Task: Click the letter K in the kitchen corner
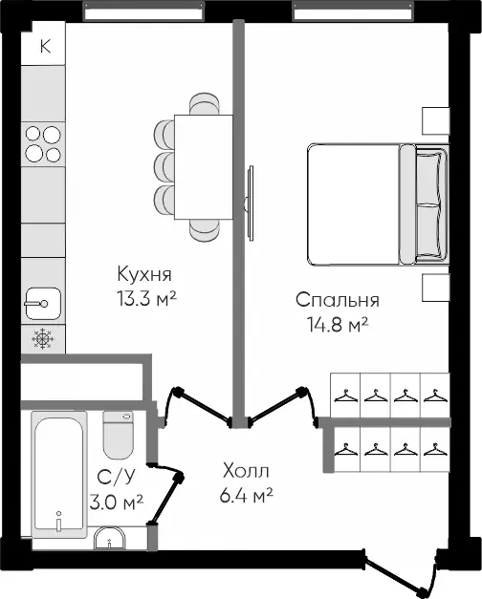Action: pyautogui.click(x=45, y=46)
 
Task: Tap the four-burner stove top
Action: pyautogui.click(x=43, y=144)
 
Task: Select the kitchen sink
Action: pyautogui.click(x=43, y=303)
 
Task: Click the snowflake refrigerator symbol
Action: pyautogui.click(x=43, y=338)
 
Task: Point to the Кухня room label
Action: pyautogui.click(x=144, y=274)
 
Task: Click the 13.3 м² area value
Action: pyautogui.click(x=146, y=298)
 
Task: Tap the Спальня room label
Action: pyautogui.click(x=338, y=300)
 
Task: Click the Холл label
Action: pyautogui.click(x=246, y=471)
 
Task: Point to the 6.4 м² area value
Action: pyautogui.click(x=247, y=496)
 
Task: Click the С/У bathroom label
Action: pyautogui.click(x=116, y=477)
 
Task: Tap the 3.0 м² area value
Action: pyautogui.click(x=117, y=502)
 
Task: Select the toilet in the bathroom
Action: pyautogui.click(x=119, y=435)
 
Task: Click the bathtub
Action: pyautogui.click(x=59, y=474)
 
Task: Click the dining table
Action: pyautogui.click(x=204, y=167)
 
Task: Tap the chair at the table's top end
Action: pyautogui.click(x=205, y=103)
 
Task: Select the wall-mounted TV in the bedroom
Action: pyautogui.click(x=251, y=203)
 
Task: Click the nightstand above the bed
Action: pyautogui.click(x=436, y=120)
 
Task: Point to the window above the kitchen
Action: pyautogui.click(x=143, y=11)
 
